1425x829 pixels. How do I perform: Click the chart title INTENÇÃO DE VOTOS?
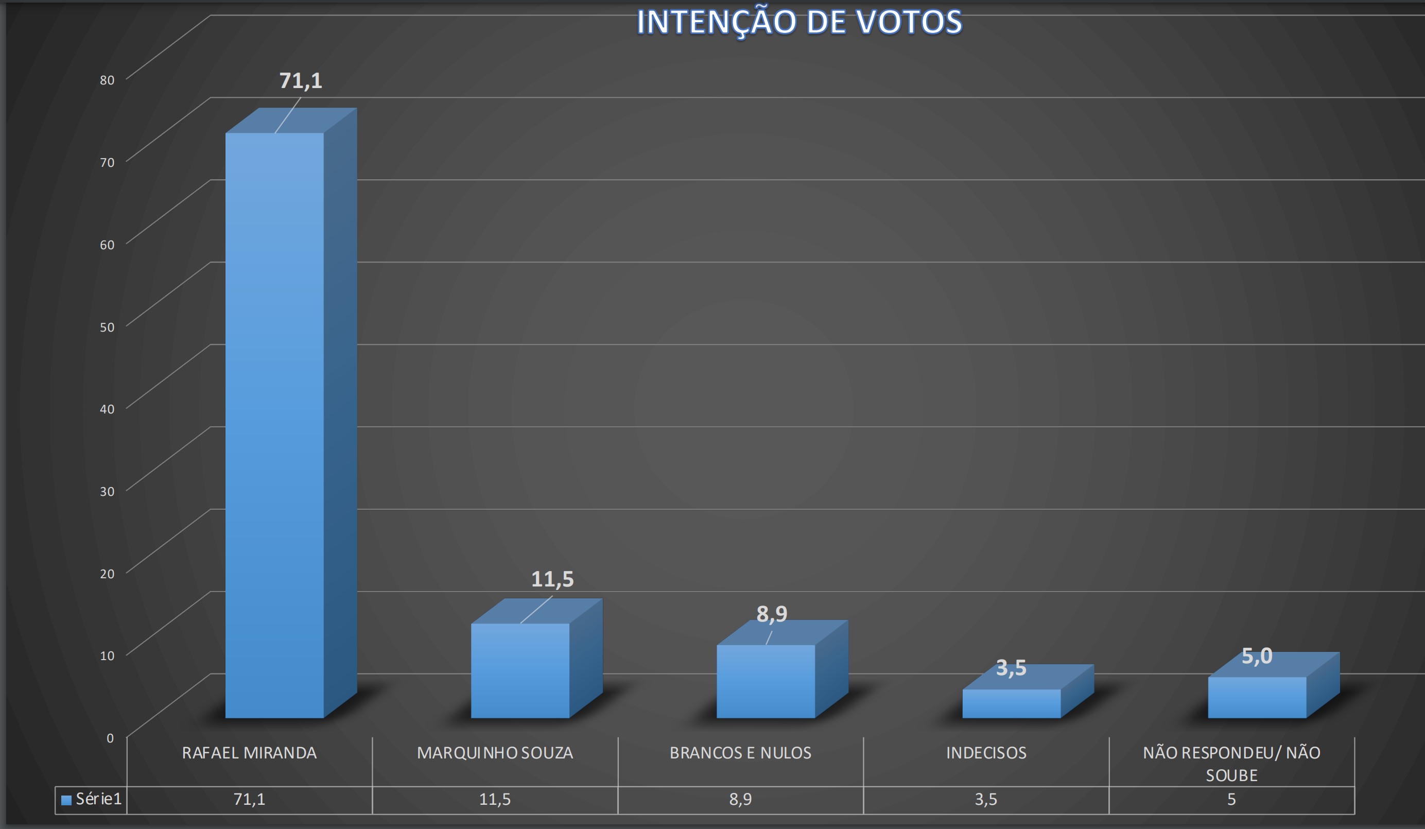[x=799, y=22]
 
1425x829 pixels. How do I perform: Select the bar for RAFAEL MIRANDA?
[x=275, y=424]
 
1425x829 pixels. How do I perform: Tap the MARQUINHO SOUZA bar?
[x=520, y=670]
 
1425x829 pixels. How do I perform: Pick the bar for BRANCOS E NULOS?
[x=766, y=681]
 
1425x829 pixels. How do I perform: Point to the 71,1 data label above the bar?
[x=301, y=81]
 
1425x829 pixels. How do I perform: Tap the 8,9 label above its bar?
[x=772, y=614]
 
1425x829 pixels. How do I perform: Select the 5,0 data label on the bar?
[x=1257, y=656]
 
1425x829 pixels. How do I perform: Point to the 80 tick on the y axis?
[x=107, y=80]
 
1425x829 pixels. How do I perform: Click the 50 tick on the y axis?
[x=107, y=327]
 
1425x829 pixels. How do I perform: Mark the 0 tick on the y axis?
[x=110, y=738]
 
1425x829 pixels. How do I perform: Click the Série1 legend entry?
[x=92, y=799]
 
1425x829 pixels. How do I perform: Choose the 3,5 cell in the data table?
[x=986, y=799]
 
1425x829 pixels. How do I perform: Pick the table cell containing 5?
[x=1231, y=799]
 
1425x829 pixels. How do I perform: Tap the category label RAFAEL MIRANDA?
[x=249, y=753]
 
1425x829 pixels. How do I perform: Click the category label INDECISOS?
[x=986, y=753]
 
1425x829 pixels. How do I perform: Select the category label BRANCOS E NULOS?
[x=740, y=753]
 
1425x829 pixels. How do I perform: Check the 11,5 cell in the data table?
[x=495, y=799]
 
